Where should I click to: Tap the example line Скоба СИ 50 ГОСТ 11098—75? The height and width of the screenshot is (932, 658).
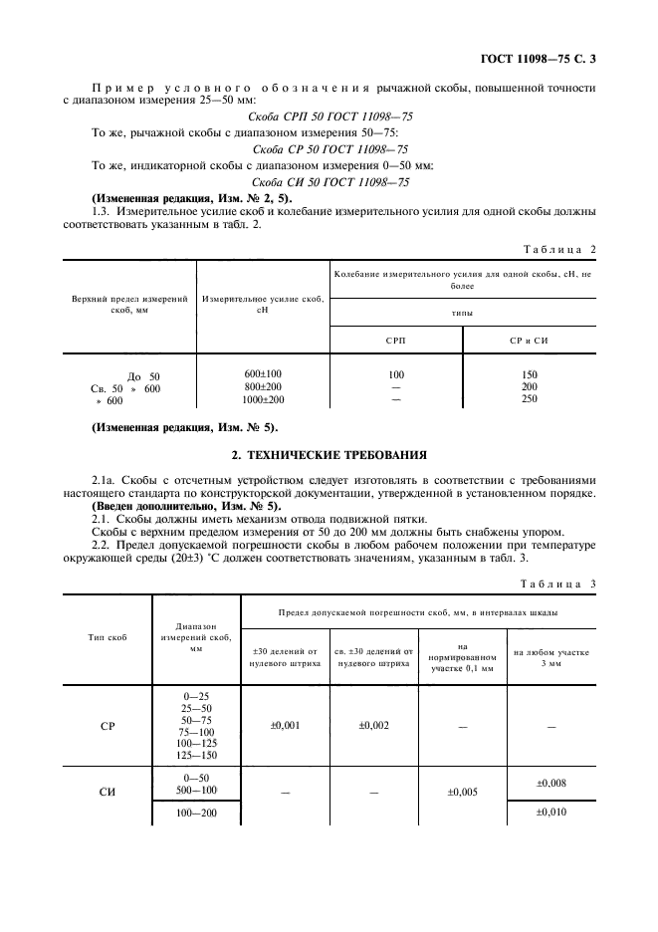click(329, 182)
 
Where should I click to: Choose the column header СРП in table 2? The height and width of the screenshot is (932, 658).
click(395, 341)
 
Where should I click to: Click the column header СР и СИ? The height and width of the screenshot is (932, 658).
click(530, 341)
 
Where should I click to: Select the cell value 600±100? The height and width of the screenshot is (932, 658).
click(263, 372)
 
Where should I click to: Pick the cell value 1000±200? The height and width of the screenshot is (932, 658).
click(263, 399)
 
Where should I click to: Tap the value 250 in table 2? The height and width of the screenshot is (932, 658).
click(530, 399)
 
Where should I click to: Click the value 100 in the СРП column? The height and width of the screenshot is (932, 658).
click(395, 372)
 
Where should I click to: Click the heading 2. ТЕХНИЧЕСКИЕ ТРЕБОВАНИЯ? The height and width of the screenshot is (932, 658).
click(329, 454)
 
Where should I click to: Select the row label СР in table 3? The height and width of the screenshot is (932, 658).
click(108, 726)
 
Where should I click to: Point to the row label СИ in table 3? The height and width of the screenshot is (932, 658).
click(108, 794)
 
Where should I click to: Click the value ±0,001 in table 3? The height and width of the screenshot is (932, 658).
click(286, 726)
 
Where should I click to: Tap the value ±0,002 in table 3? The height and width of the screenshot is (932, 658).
click(373, 726)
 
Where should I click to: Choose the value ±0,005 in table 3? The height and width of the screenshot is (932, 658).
click(462, 794)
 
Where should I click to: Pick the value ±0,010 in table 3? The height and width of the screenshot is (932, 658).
click(551, 813)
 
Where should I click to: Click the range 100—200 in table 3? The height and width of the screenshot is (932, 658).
click(195, 813)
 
